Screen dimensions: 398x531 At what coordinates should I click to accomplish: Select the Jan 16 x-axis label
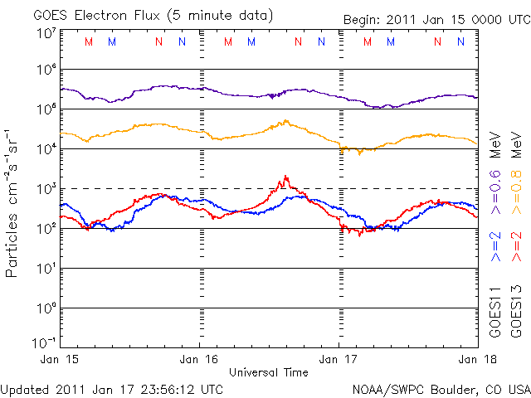(200, 359)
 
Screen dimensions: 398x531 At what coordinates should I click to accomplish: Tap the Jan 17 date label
(339, 359)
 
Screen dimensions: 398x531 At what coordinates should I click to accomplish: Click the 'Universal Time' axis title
(268, 372)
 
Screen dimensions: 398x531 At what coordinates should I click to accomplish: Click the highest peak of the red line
(285, 176)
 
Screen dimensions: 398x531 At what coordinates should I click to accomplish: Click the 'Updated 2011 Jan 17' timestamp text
(112, 388)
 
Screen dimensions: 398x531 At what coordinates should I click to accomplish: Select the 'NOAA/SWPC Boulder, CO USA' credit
(441, 388)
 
